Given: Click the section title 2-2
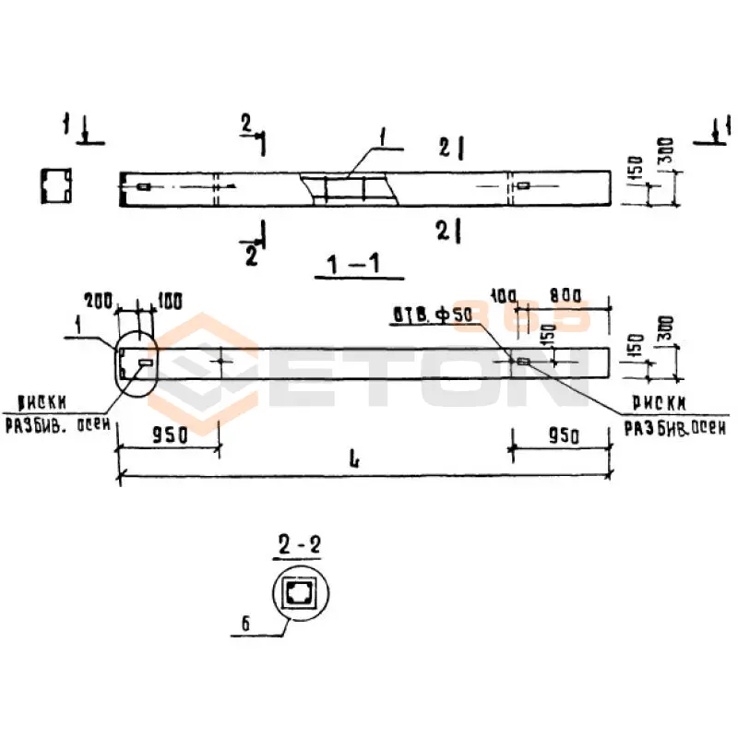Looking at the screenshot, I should (298, 546).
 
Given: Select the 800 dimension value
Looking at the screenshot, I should (564, 295).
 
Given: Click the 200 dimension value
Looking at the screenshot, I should (98, 299).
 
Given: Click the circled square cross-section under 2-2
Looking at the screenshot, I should (299, 592).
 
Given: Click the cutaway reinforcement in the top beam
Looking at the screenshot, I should (349, 188).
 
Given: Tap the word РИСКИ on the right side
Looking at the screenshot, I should (659, 403).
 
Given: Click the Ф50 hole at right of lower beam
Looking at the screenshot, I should (522, 362).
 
